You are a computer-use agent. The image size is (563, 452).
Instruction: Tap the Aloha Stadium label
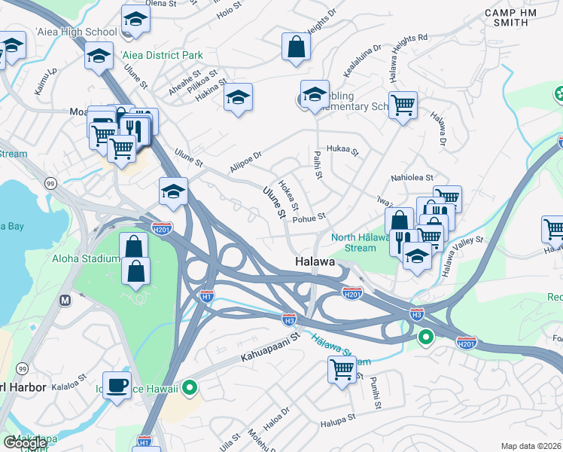86,258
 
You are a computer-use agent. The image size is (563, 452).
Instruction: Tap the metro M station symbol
65,300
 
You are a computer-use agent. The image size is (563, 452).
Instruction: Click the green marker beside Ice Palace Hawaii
190,388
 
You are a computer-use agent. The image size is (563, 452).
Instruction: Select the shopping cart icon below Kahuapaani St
342,370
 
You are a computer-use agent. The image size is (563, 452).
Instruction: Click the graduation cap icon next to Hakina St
238,97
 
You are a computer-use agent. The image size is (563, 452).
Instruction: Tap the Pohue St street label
309,217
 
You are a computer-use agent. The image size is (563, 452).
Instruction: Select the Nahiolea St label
412,178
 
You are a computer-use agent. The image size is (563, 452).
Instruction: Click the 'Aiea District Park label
161,56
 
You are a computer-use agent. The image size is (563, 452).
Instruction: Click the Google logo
25,443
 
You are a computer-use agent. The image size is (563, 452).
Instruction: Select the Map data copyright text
531,446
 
